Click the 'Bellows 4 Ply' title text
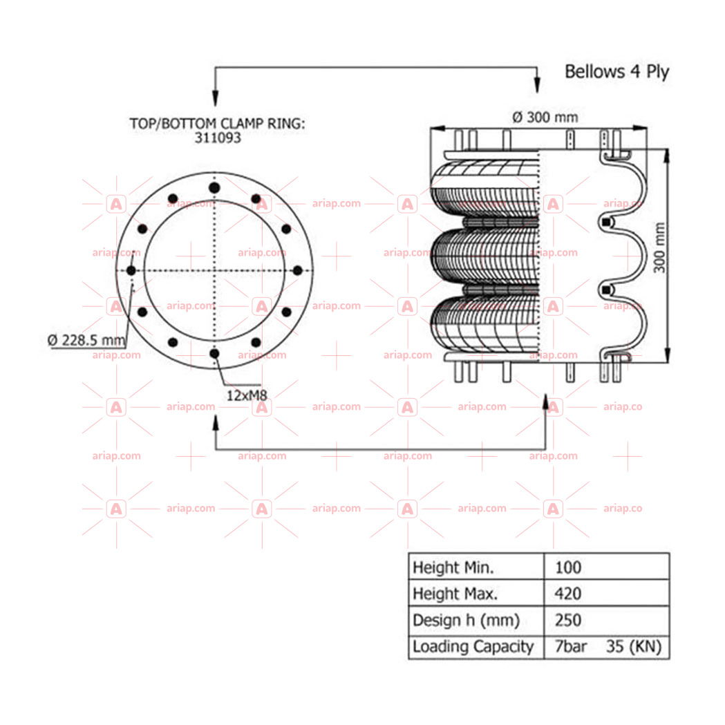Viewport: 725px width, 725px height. (616, 72)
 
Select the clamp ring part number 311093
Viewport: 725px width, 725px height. (218, 138)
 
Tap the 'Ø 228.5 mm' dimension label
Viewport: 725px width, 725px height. (86, 340)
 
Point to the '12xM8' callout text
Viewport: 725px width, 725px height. (247, 396)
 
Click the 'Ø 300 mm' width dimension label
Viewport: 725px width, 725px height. (545, 117)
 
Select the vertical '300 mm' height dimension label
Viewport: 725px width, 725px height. (660, 248)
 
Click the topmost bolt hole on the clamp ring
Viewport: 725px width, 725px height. (214, 188)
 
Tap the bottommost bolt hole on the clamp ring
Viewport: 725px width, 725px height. (214, 354)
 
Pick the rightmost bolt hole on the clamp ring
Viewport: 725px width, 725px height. (298, 270)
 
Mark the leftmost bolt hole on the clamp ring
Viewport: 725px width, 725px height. (131, 270)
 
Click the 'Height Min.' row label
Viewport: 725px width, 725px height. (453, 567)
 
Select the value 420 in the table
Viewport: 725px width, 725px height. (568, 594)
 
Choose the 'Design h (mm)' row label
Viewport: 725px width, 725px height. (466, 621)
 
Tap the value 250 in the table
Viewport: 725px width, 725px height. (568, 620)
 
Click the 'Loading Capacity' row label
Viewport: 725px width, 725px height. (473, 647)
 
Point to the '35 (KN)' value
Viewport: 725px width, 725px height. (634, 647)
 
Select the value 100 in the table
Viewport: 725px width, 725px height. (568, 567)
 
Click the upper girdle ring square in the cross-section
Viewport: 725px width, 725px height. (606, 223)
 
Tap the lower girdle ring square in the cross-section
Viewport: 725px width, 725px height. (606, 290)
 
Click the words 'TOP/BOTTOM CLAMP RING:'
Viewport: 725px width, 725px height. (217, 124)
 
